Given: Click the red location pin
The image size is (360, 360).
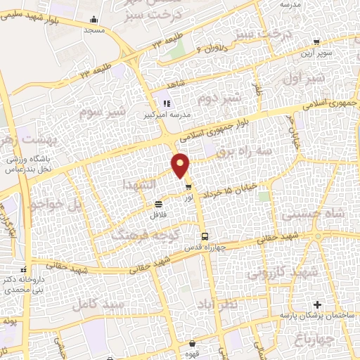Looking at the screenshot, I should pyautogui.click(x=181, y=165).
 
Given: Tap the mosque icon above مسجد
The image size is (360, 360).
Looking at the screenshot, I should pyautogui.click(x=94, y=19).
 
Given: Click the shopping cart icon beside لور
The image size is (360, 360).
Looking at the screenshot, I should pyautogui.click(x=188, y=187).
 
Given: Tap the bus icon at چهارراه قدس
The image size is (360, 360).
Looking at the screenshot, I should pyautogui.click(x=204, y=237).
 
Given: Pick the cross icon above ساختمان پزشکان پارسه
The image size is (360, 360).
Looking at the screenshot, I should pyautogui.click(x=317, y=304).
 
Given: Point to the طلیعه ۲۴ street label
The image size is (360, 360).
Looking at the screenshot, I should pyautogui.click(x=96, y=70).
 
